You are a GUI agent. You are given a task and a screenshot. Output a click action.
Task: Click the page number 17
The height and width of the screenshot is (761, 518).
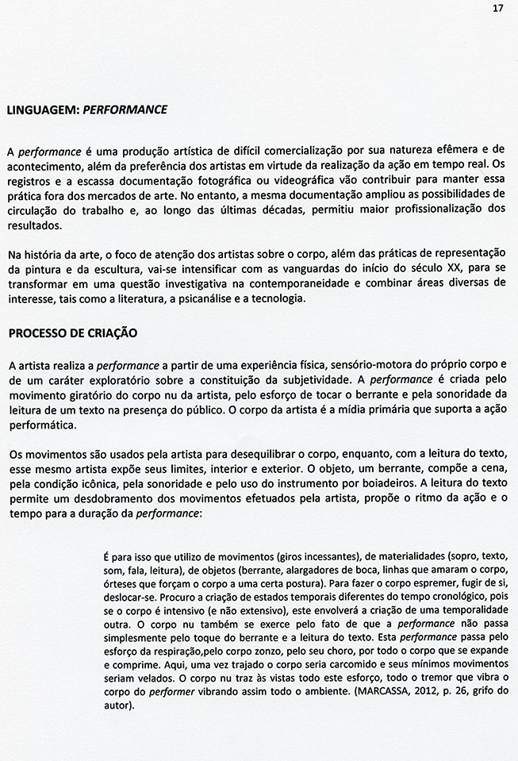click(x=498, y=9)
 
